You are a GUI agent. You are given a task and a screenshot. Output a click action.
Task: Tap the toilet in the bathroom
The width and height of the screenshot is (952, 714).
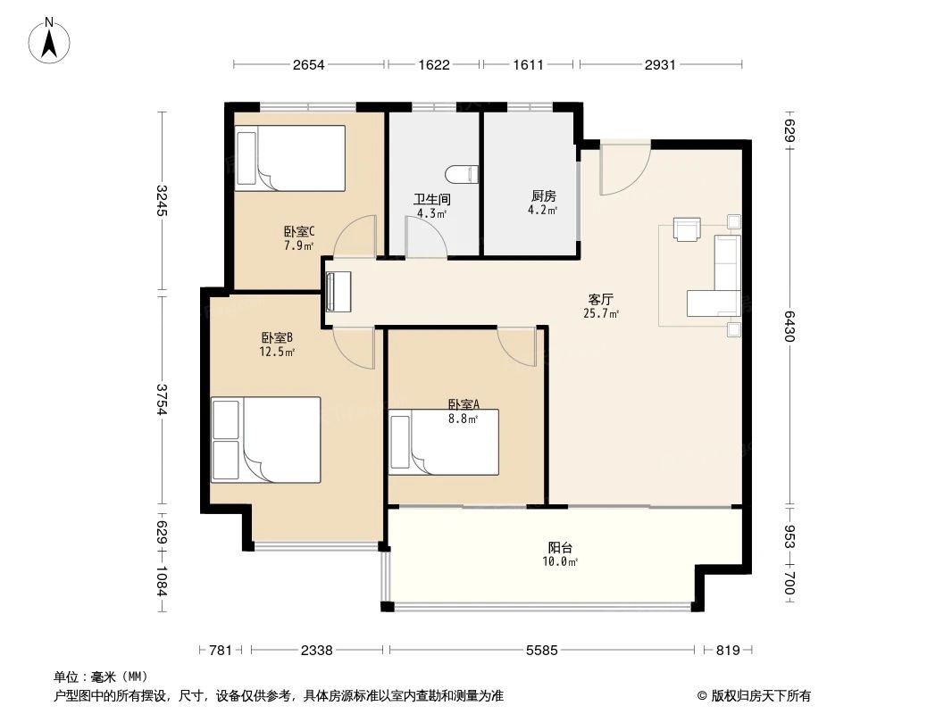[x=461, y=173]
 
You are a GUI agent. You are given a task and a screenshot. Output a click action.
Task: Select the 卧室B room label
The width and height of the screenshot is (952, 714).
[x=278, y=345]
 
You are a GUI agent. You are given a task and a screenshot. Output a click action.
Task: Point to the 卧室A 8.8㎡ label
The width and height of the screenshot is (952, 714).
[x=463, y=411]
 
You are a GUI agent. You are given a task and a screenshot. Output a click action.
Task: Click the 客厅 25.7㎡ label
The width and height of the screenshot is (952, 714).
[x=601, y=306]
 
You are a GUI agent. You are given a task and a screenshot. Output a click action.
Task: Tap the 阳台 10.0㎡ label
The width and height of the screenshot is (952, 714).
[x=562, y=554]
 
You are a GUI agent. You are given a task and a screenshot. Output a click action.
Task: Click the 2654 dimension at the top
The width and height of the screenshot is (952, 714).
[x=308, y=64]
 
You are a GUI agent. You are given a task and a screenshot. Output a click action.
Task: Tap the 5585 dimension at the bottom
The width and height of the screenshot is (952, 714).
[x=541, y=651]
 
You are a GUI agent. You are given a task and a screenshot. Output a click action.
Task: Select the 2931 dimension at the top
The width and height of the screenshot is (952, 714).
[x=661, y=64]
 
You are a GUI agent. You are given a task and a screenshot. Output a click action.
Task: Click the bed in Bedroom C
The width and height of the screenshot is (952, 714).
[x=289, y=158]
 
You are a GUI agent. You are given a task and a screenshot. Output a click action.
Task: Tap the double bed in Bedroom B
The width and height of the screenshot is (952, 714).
[x=265, y=440]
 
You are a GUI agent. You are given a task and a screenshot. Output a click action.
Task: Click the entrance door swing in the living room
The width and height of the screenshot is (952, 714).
[x=623, y=170]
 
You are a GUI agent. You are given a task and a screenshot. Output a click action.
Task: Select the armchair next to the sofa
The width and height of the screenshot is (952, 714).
[x=686, y=230]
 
